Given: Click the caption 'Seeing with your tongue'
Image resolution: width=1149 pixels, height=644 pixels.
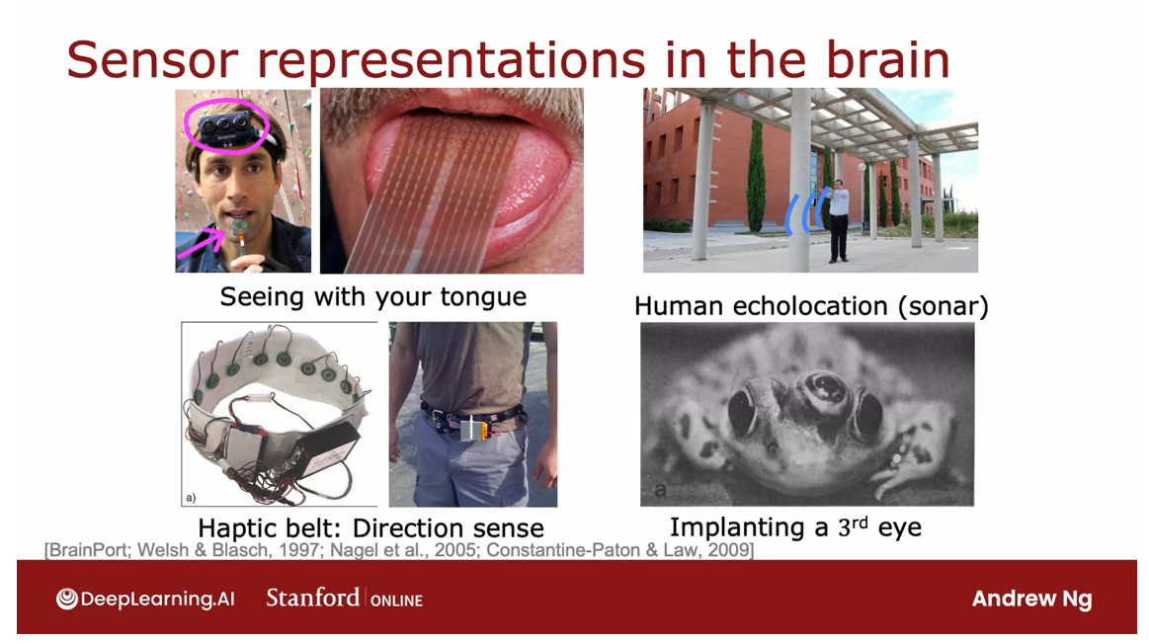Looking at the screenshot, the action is coord(373,296).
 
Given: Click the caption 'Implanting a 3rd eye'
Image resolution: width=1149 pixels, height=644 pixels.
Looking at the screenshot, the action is coord(795,527).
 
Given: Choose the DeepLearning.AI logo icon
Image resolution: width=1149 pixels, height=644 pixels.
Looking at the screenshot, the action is coord(66,600).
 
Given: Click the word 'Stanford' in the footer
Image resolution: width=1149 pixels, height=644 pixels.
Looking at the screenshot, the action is coord(313,598).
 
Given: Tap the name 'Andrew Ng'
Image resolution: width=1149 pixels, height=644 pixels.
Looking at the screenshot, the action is coord(1031,600).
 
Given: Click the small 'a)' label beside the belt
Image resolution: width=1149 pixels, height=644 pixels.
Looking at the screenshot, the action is coord(191,498).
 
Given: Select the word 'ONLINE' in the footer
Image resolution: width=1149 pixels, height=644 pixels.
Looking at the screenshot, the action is coord(396,601).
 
